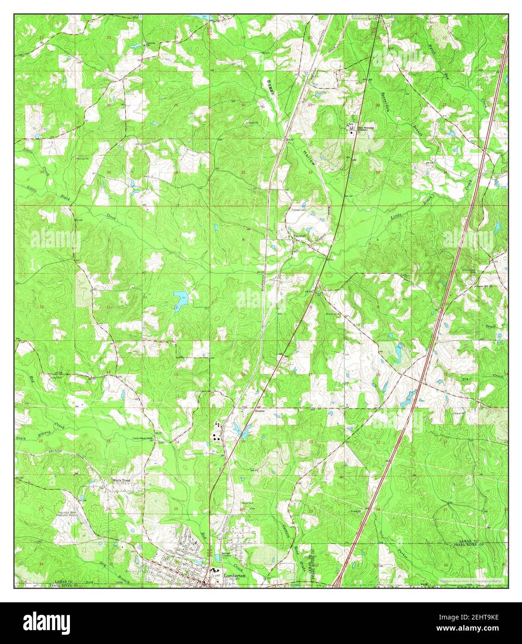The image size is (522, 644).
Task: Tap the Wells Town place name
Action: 123,481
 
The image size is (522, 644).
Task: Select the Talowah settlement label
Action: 299,237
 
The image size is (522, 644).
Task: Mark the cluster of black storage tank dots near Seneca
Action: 216,430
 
